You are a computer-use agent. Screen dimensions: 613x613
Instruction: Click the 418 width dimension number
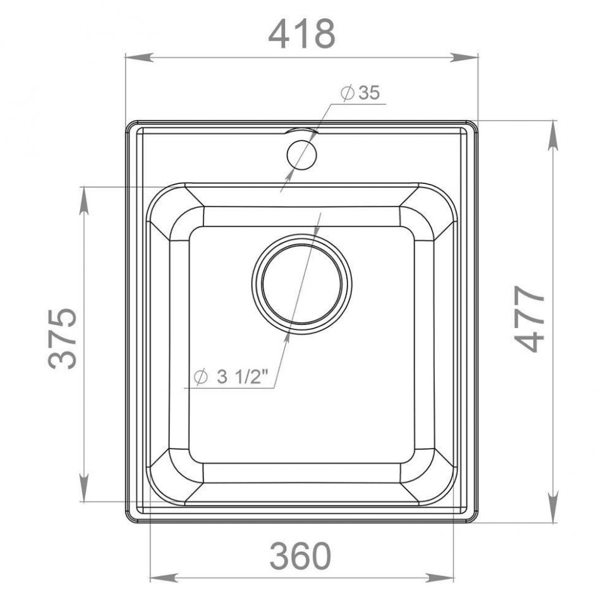pos(302,34)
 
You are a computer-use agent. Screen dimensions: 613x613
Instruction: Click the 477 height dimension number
pos(530,319)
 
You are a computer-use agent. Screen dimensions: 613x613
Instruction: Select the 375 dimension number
pos(62,339)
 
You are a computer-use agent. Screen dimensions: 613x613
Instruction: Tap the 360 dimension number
pos(300,556)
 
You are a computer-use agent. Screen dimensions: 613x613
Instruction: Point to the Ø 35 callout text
pos(360,93)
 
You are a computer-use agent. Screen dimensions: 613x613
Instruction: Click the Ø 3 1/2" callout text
pos(231,377)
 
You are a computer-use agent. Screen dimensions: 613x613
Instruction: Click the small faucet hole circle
pos(301,154)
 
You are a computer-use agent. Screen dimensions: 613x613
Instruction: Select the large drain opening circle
pos(301,284)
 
